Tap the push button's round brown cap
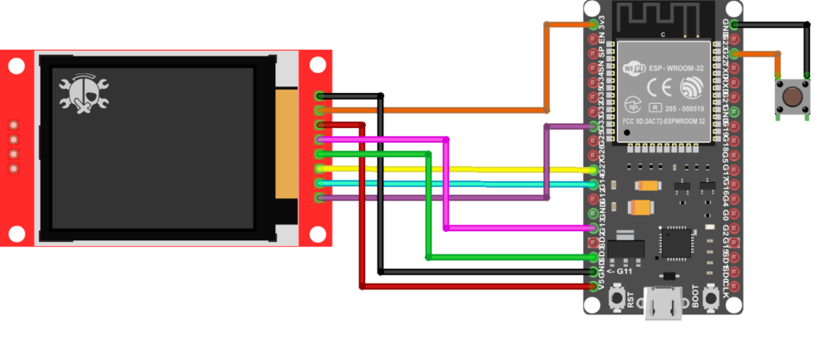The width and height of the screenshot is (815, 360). click(793, 96)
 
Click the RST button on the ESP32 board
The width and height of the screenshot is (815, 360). click(618, 298)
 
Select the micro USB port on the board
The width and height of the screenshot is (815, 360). click(664, 305)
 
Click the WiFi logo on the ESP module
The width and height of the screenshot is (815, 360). click(635, 70)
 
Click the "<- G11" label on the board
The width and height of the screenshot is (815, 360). click(621, 270)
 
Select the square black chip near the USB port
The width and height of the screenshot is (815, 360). click(675, 242)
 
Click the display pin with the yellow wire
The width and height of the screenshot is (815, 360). click(320, 169)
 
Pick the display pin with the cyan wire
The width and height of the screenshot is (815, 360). click(320, 183)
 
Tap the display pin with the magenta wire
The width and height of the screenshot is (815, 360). click(320, 140)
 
